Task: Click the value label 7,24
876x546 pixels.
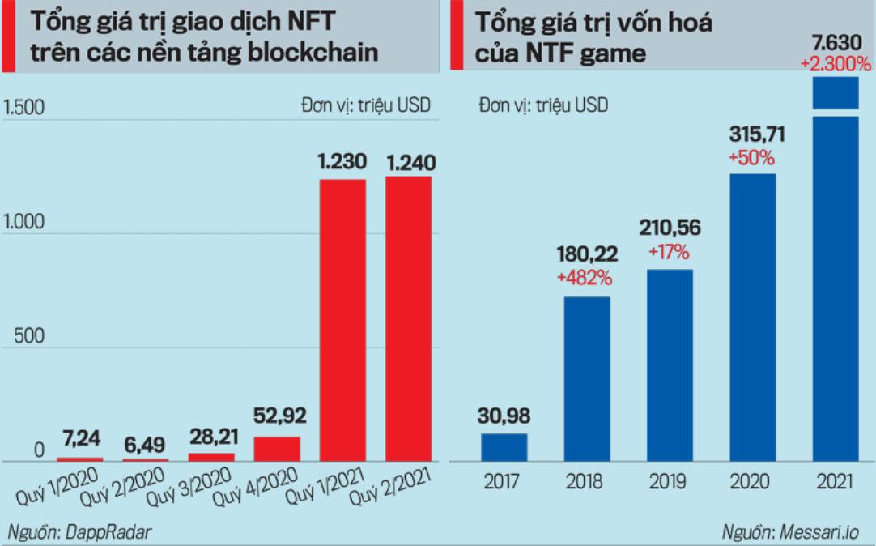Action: coord(81,441)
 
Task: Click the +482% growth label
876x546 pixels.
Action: coord(585,278)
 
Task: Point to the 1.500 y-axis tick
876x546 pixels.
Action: coord(25,107)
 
